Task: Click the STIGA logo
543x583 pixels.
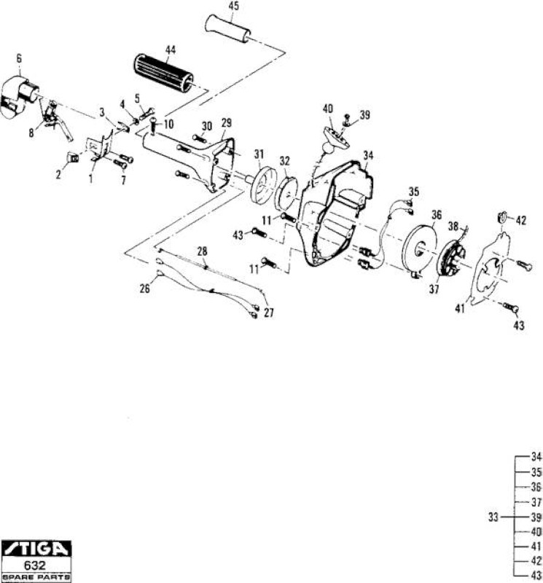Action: (36, 549)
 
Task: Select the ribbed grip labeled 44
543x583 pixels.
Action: (163, 74)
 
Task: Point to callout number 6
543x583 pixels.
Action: (19, 58)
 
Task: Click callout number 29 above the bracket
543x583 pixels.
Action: (226, 122)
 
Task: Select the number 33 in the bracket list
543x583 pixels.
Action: (493, 517)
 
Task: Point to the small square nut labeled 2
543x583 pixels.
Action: (72, 157)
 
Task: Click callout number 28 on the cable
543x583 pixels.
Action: (202, 251)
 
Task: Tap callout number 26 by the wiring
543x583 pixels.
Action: (144, 288)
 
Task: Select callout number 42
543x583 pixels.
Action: (521, 221)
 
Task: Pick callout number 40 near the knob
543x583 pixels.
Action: (328, 109)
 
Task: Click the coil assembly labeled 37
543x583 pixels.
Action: (450, 259)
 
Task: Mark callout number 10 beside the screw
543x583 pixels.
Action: (168, 124)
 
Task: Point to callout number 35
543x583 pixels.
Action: (413, 192)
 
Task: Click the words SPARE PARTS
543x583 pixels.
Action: (36, 577)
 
